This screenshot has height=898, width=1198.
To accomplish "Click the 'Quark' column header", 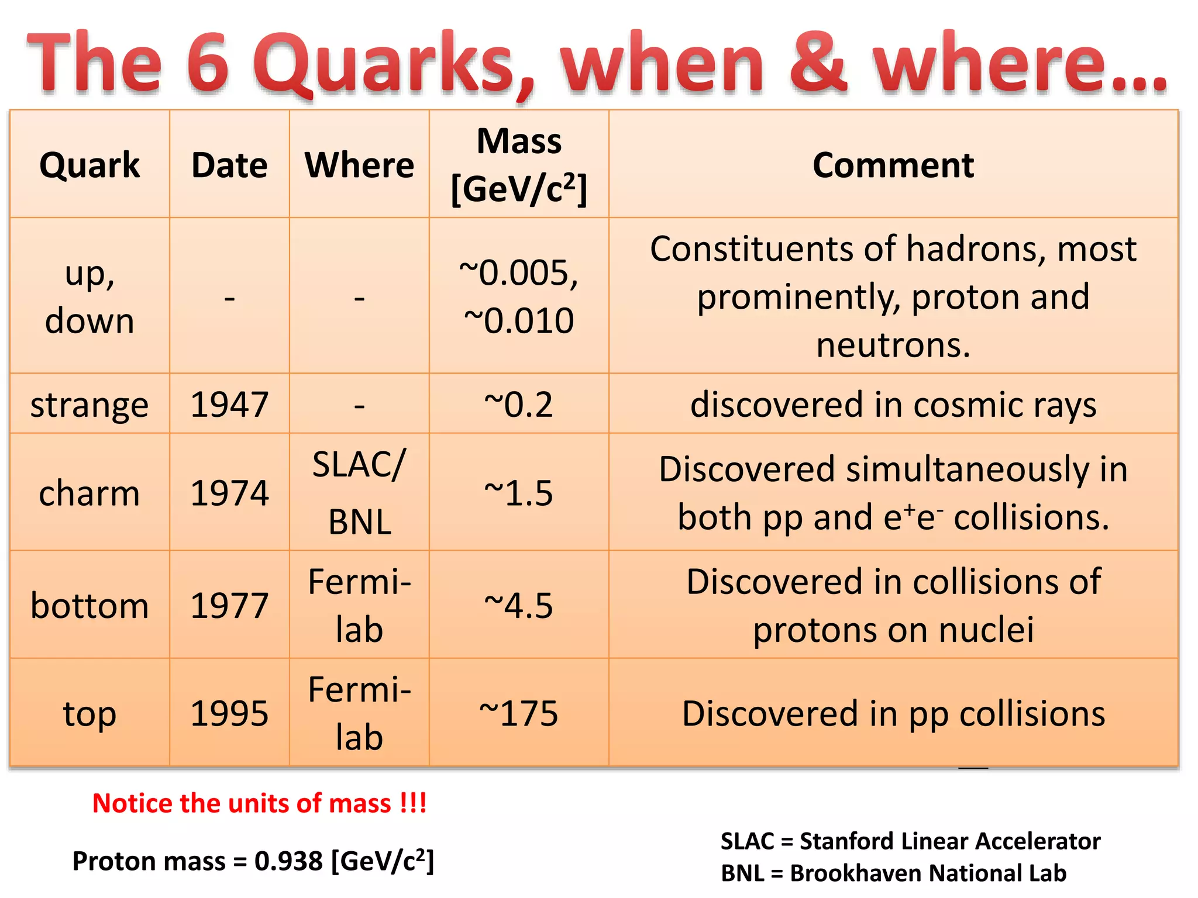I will (x=89, y=165).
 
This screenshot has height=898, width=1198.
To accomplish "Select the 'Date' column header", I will (x=229, y=165).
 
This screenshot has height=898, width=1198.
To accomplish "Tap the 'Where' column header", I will (x=359, y=165).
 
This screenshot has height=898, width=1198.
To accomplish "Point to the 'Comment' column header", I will (x=893, y=165).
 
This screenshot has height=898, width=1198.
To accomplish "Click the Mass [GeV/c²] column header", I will (x=519, y=165).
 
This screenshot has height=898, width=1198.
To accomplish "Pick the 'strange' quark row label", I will (x=89, y=405).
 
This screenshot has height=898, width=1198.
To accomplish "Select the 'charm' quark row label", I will (x=89, y=493).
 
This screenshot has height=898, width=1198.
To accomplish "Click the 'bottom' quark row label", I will (x=89, y=605).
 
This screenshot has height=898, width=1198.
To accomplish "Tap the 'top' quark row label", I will (x=89, y=713).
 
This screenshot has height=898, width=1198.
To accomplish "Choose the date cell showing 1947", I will (x=229, y=405).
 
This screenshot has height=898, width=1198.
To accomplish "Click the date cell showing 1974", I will (x=229, y=493).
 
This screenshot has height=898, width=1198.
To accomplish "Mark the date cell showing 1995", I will (x=229, y=713).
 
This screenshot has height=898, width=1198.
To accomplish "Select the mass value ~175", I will (x=519, y=713).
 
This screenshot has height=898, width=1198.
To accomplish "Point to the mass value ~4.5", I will (x=519, y=605).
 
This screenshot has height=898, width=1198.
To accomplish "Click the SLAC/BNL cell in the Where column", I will (x=359, y=493).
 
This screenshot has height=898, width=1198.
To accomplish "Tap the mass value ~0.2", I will (x=519, y=405).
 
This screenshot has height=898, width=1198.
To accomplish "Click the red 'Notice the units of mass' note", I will (x=260, y=803).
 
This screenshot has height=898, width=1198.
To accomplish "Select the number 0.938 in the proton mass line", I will (x=288, y=861).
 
